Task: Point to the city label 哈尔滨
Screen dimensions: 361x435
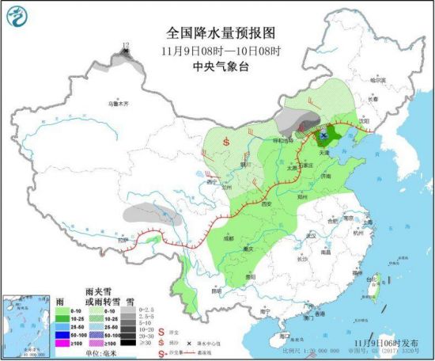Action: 380,80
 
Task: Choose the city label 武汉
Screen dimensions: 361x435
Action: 311,236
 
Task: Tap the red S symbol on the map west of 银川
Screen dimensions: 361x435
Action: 227,142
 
